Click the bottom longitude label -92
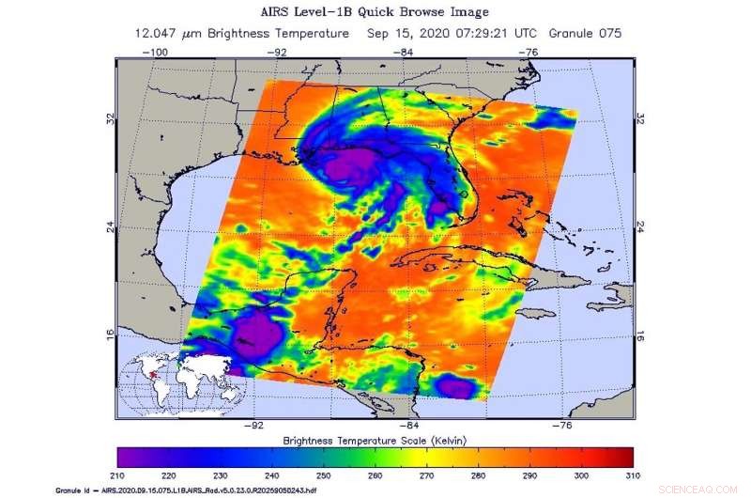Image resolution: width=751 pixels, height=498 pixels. (x=252, y=425)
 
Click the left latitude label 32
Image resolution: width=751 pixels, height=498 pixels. (x=111, y=120)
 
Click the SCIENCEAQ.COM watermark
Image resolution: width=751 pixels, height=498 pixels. (x=716, y=490)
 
